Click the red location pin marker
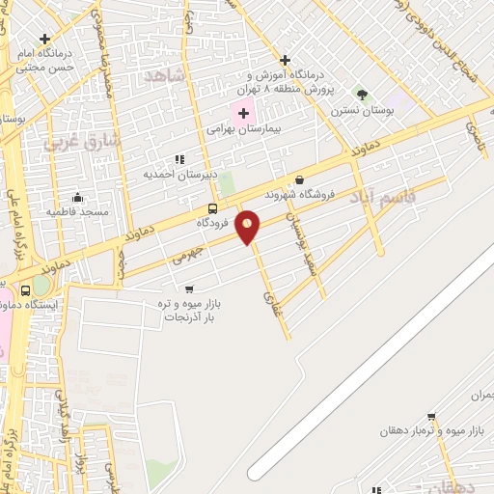[x=248, y=226]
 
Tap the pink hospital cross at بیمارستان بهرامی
[x=244, y=114]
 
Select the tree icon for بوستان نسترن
[x=362, y=95]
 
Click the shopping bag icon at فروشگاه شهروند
[x=299, y=179]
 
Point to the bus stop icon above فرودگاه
[x=212, y=208]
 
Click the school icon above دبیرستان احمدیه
[x=178, y=159]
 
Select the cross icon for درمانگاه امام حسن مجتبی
[x=44, y=39]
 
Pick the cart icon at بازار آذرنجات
[x=188, y=288]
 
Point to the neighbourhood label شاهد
[x=164, y=76]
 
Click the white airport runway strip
[x=376, y=367]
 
